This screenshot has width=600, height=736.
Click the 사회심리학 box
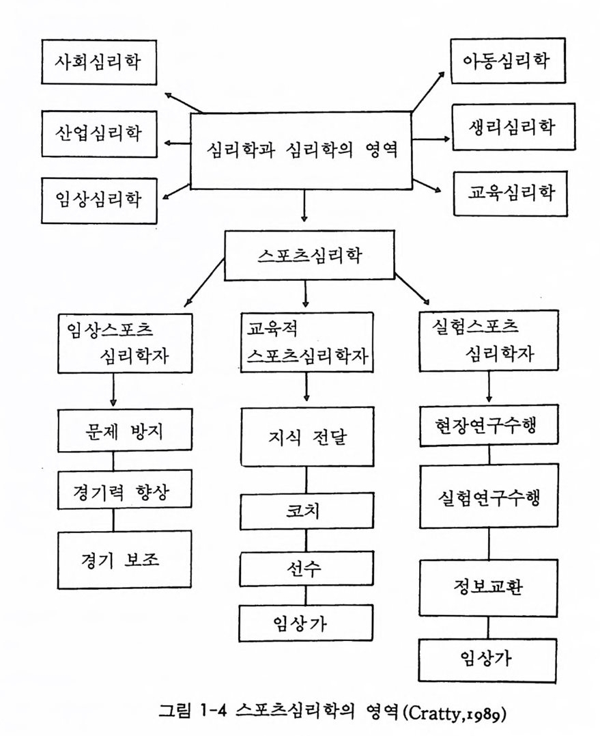[99, 62]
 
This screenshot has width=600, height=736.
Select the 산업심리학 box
[99, 134]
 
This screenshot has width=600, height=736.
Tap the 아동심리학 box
[508, 61]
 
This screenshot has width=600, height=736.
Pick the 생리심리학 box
[513, 126]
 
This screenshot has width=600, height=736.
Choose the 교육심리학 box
[511, 193]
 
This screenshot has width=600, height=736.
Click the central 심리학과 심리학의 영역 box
[301, 150]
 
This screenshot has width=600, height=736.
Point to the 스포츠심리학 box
[309, 256]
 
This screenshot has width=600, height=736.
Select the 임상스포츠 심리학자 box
[125, 344]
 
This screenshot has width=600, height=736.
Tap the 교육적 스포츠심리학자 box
[307, 342]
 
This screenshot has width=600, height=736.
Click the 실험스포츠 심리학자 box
[489, 340]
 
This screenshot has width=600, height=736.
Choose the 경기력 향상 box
[125, 489]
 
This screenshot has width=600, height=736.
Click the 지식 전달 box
[307, 437]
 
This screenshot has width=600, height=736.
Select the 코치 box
[307, 510]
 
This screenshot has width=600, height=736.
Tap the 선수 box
[306, 569]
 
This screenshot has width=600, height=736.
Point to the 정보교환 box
[489, 588]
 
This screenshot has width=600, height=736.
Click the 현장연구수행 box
[489, 425]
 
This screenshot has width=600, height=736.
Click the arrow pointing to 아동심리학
[428, 92]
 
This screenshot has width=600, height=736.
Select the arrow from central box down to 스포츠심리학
[304, 206]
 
